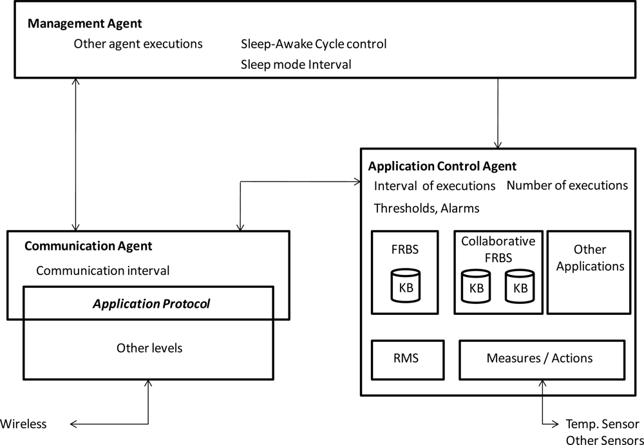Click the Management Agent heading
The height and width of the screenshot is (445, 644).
84,24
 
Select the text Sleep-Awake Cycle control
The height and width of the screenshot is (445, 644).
314,44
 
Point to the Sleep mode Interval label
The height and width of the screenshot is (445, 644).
296,64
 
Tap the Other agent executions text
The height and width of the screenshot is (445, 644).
138,44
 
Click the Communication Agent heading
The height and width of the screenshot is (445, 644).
88,246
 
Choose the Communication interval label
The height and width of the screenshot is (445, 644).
102,270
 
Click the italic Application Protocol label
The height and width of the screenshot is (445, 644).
151,303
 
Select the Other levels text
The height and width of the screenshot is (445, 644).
149,348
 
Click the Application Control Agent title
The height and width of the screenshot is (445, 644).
442,166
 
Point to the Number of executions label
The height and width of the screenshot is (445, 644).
567,185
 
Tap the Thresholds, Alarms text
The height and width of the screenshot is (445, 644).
426,208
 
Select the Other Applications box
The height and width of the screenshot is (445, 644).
590,272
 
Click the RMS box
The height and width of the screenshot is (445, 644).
406,358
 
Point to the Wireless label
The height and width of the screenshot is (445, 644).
23,423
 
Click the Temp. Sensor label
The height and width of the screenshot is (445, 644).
602,424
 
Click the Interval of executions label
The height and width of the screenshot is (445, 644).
435,185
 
